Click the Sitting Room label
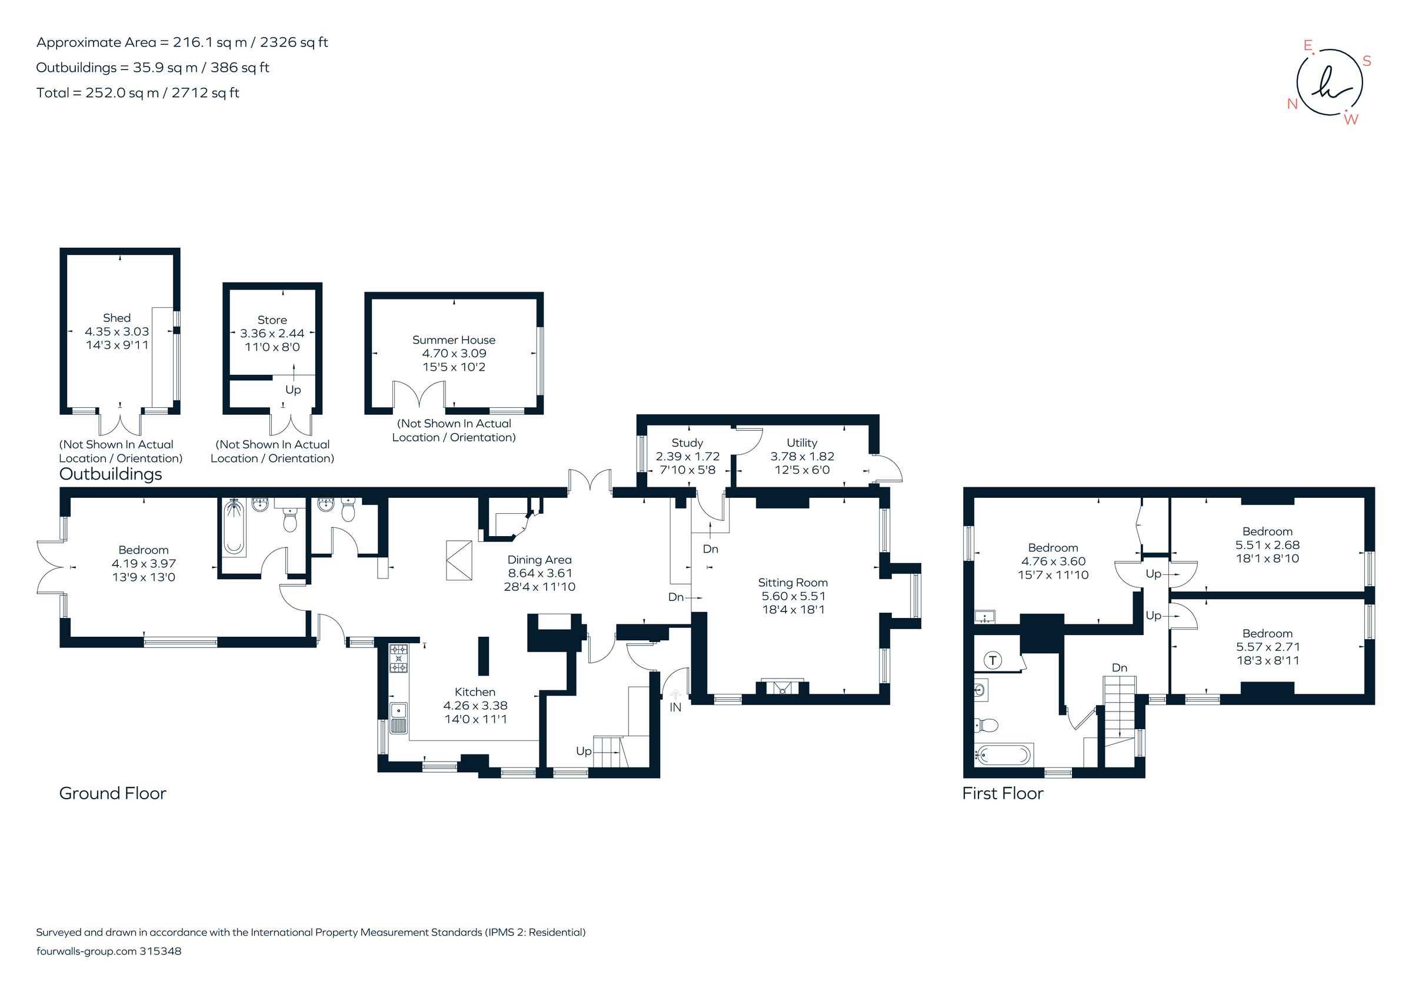coord(792,582)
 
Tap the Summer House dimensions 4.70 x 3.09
coord(454,353)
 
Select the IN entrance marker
coord(675,707)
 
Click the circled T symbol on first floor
coord(993,661)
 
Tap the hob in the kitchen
coord(398,659)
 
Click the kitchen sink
coord(398,718)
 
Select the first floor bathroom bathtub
coord(1003,754)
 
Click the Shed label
coord(116,317)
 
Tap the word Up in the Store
coord(293,390)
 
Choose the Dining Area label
coord(540,559)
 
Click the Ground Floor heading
coord(112,793)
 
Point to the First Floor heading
coord(1003,793)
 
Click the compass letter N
coord(1292,104)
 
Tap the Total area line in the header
coord(138,93)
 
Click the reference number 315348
coord(161,950)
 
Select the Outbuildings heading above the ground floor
coord(111,474)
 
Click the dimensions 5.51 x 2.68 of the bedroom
coord(1267,545)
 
